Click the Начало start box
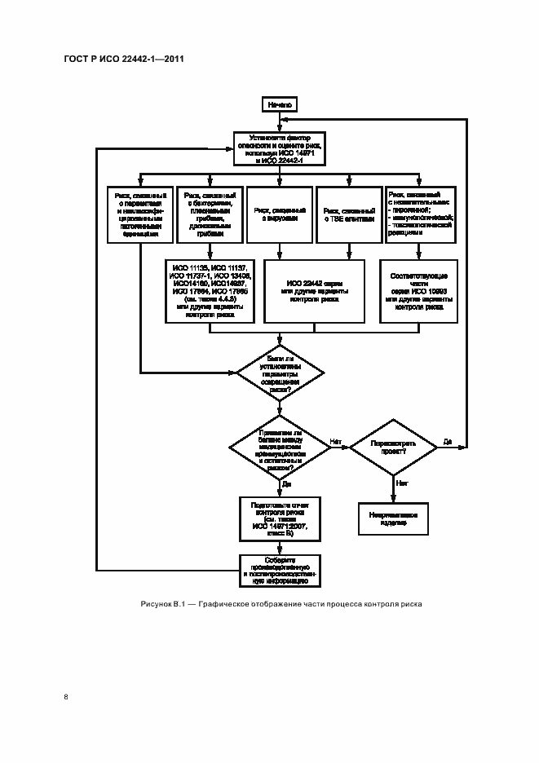(280, 105)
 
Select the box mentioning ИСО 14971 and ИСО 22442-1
(280, 148)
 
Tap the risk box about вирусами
(280, 214)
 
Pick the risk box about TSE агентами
(350, 214)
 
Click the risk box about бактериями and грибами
(210, 214)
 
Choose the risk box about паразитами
(140, 214)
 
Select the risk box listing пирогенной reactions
(420, 214)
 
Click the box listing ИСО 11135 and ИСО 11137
(210, 291)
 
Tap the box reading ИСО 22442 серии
(315, 291)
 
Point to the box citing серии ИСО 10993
(419, 291)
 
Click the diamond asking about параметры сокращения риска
(280, 373)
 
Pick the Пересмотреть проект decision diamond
(393, 448)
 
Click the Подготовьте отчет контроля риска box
(280, 518)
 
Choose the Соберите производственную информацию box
(280, 570)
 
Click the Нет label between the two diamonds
(336, 441)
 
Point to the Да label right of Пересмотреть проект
(448, 441)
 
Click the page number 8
(66, 695)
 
